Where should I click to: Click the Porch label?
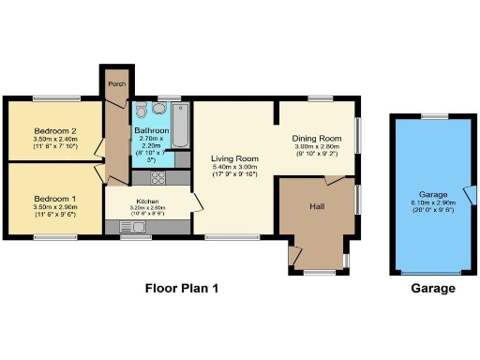click(117, 83)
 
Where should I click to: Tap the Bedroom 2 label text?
click(54, 130)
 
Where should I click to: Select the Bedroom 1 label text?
click(54, 199)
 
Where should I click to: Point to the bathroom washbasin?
click(141, 107)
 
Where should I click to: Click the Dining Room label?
click(315, 137)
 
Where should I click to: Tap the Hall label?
click(317, 206)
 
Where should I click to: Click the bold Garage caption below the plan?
click(433, 289)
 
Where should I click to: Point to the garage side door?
click(472, 195)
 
